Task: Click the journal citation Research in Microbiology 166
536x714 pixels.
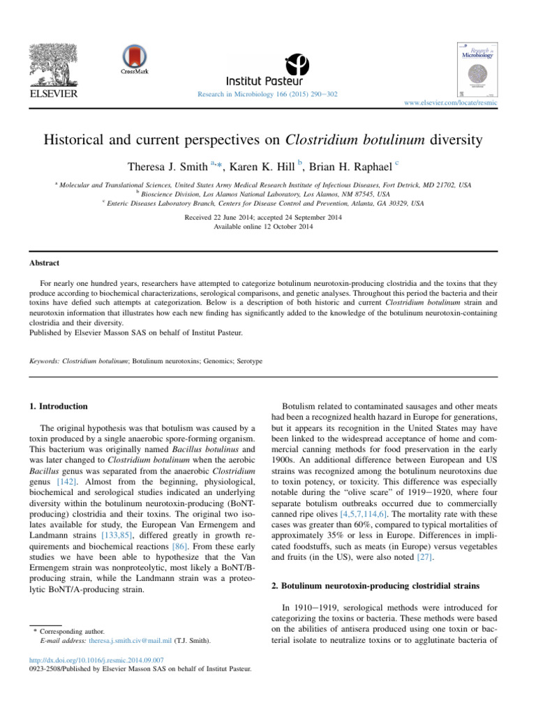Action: [x=268, y=94]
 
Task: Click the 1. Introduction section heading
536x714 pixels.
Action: [x=62, y=406]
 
